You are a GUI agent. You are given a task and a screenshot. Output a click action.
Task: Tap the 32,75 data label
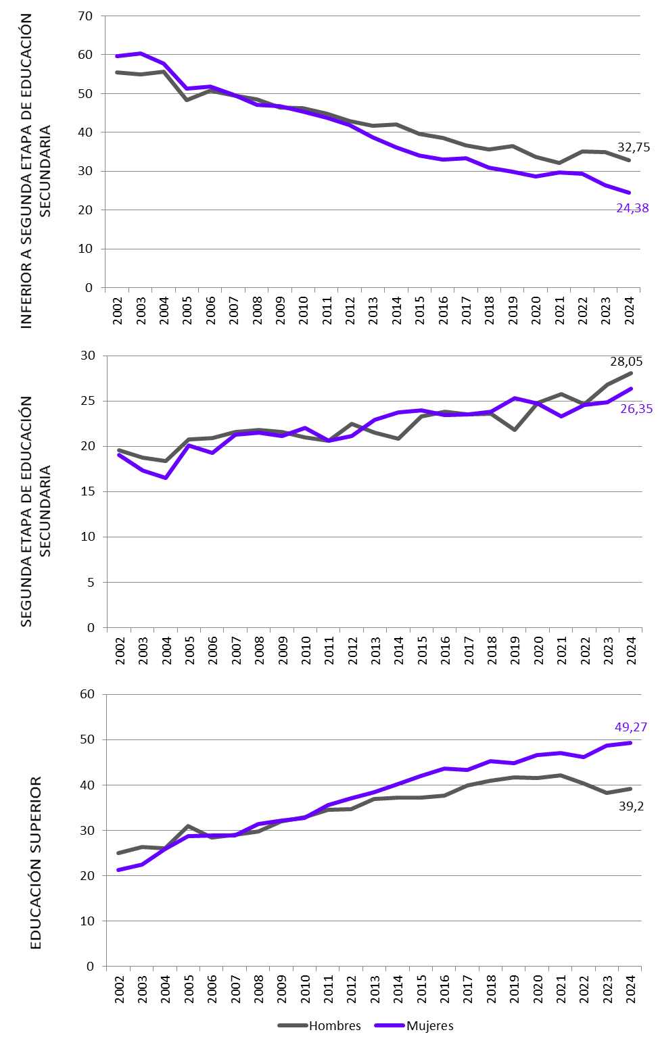pos(633,147)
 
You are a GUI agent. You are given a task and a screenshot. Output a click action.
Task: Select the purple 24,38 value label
pos(632,208)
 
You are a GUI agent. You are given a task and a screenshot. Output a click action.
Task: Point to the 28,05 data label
pos(626,362)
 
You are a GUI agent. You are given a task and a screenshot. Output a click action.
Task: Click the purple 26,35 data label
pos(636,408)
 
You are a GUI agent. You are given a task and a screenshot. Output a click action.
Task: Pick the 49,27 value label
pos(630,727)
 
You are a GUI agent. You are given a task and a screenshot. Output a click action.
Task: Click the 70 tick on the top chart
pos(85,16)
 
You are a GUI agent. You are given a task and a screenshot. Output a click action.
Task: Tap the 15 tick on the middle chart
pos(88,491)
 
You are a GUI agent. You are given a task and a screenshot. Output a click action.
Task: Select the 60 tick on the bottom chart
pos(87,694)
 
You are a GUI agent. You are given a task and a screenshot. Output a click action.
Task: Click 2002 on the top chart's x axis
pos(118,310)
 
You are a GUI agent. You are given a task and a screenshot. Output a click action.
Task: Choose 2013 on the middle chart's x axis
pos(375,650)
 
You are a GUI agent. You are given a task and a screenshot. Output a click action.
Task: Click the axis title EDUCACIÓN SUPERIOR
pos(36,862)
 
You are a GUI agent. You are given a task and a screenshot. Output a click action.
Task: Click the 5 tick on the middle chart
pos(91,582)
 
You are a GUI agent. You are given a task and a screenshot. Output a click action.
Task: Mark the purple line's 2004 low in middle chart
pos(166,478)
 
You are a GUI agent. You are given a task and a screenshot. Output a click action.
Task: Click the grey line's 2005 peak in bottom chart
pos(188,826)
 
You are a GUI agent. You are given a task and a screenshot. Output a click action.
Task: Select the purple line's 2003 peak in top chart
pos(140,53)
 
